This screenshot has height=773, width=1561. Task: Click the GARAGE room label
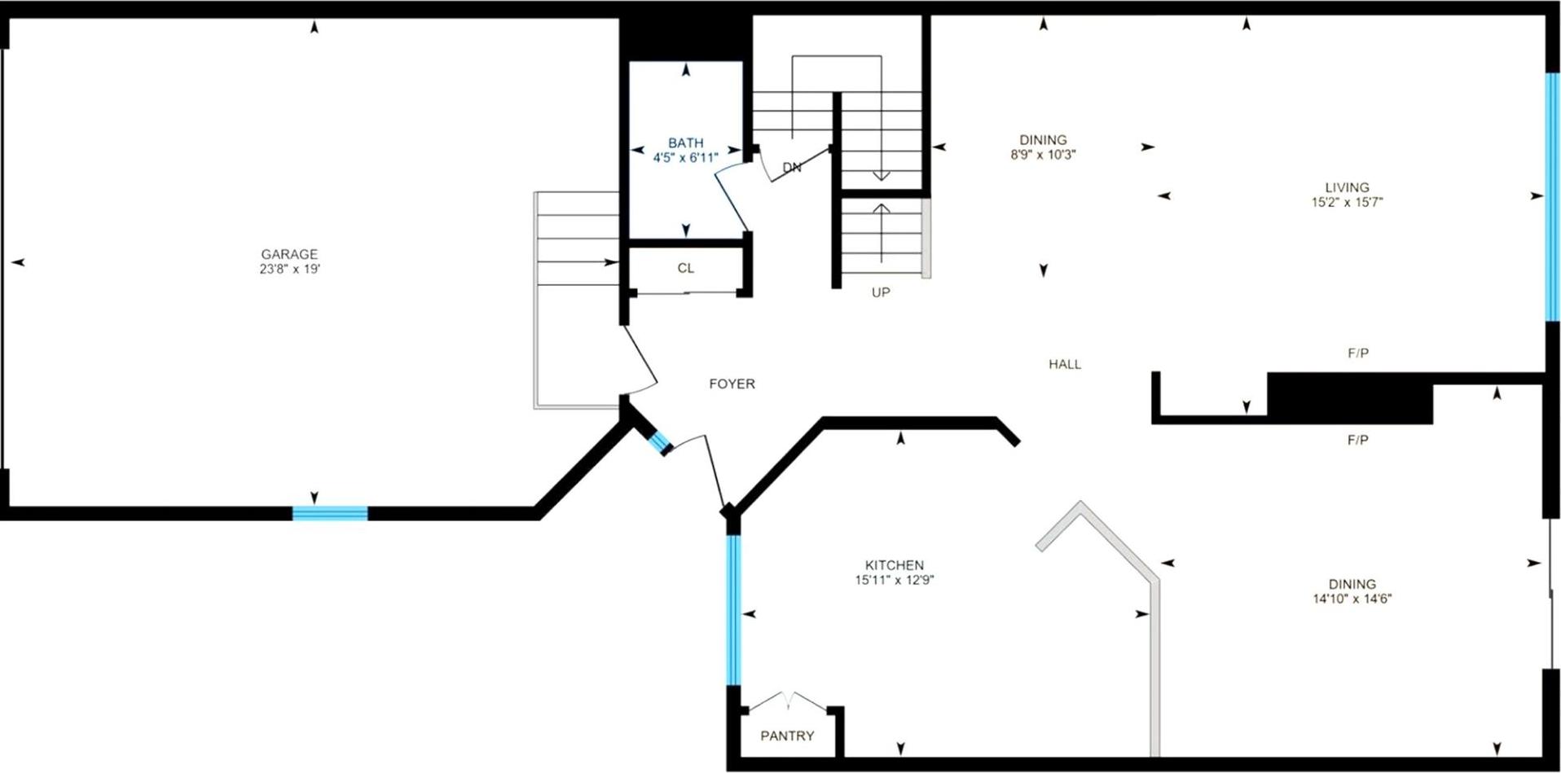tap(289, 254)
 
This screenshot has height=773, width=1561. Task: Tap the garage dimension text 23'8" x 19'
tap(289, 269)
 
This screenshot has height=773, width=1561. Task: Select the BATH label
tap(685, 143)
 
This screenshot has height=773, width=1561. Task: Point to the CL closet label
tap(685, 268)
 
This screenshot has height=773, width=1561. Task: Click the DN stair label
tap(791, 168)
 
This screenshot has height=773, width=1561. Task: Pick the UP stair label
tap(880, 292)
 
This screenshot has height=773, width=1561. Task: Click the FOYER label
tap(732, 384)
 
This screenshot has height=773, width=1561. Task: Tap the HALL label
tap(1064, 364)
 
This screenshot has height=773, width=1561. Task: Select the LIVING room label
tap(1346, 187)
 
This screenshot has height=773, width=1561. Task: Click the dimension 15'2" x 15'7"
tap(1346, 202)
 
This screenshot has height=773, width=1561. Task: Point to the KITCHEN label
tap(894, 565)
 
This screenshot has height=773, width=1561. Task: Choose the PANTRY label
tap(786, 736)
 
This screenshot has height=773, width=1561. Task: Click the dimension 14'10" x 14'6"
tap(1352, 599)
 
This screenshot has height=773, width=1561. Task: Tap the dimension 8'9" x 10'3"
tap(1043, 155)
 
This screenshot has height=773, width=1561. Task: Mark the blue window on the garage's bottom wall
tap(330, 513)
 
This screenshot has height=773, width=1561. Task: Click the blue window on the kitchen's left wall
tap(733, 609)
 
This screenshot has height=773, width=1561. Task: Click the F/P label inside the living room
tap(1357, 354)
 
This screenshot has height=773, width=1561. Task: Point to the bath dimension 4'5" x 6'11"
tap(685, 158)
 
